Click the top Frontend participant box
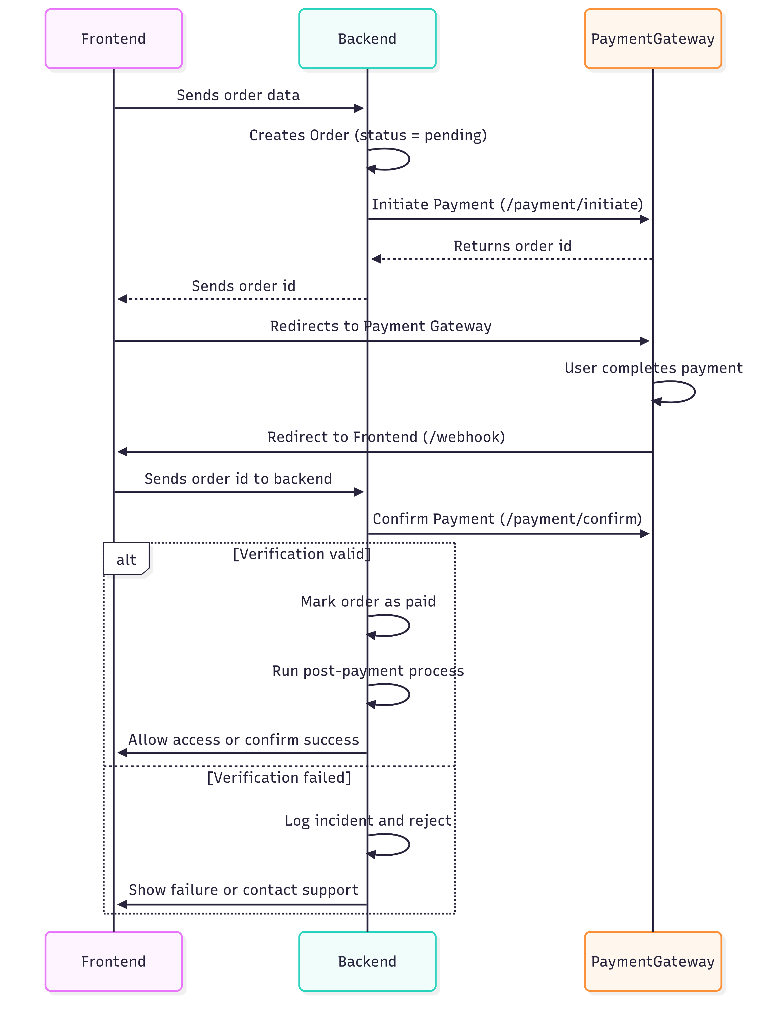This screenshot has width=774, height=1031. [113, 39]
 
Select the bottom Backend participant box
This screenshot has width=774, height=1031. [367, 961]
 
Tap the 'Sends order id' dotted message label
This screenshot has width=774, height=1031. [243, 286]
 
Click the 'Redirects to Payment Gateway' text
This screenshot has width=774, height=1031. [380, 326]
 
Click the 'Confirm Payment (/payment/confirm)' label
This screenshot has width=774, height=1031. [507, 519]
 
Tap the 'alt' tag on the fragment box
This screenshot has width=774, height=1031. [126, 559]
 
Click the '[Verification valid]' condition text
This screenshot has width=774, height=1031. [301, 554]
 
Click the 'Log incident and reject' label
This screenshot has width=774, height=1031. [368, 820]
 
